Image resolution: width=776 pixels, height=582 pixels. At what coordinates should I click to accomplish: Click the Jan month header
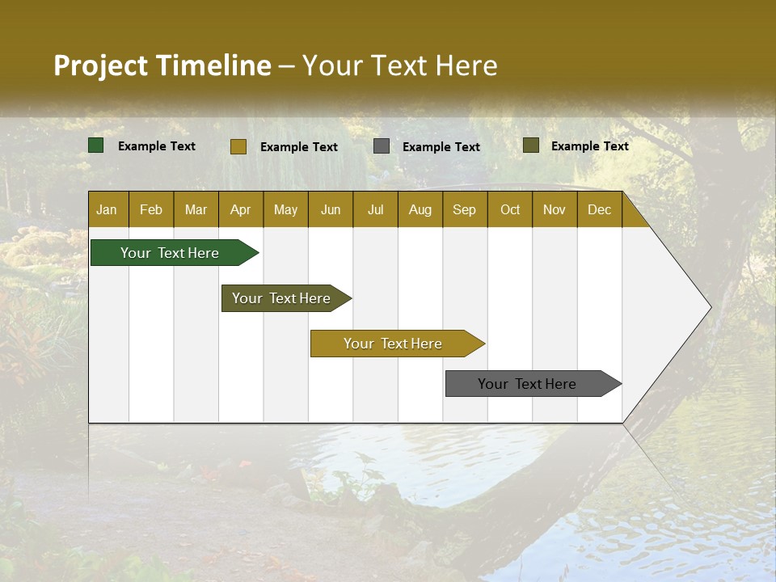click(107, 209)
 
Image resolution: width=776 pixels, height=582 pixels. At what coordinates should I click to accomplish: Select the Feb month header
click(151, 209)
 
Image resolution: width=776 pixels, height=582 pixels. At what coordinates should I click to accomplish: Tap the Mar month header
click(196, 209)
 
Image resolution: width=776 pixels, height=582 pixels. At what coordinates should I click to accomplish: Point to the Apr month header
click(241, 209)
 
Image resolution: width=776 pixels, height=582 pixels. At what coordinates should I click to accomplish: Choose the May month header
click(285, 209)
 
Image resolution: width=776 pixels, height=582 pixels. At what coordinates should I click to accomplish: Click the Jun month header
click(331, 209)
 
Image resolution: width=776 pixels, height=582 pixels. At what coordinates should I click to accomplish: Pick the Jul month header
click(375, 209)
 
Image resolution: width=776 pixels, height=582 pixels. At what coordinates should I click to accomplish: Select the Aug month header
click(420, 209)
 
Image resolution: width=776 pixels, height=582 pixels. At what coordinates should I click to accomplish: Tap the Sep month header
click(465, 209)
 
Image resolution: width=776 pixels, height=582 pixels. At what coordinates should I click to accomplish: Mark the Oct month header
click(510, 209)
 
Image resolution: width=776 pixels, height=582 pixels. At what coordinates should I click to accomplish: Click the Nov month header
click(555, 209)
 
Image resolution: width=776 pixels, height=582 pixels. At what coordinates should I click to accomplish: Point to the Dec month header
click(600, 209)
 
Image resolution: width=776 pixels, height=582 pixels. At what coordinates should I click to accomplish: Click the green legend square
click(96, 145)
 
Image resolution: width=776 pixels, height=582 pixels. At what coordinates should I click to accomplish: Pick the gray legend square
click(382, 145)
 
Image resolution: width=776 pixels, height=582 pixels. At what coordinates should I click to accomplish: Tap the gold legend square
click(238, 146)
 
